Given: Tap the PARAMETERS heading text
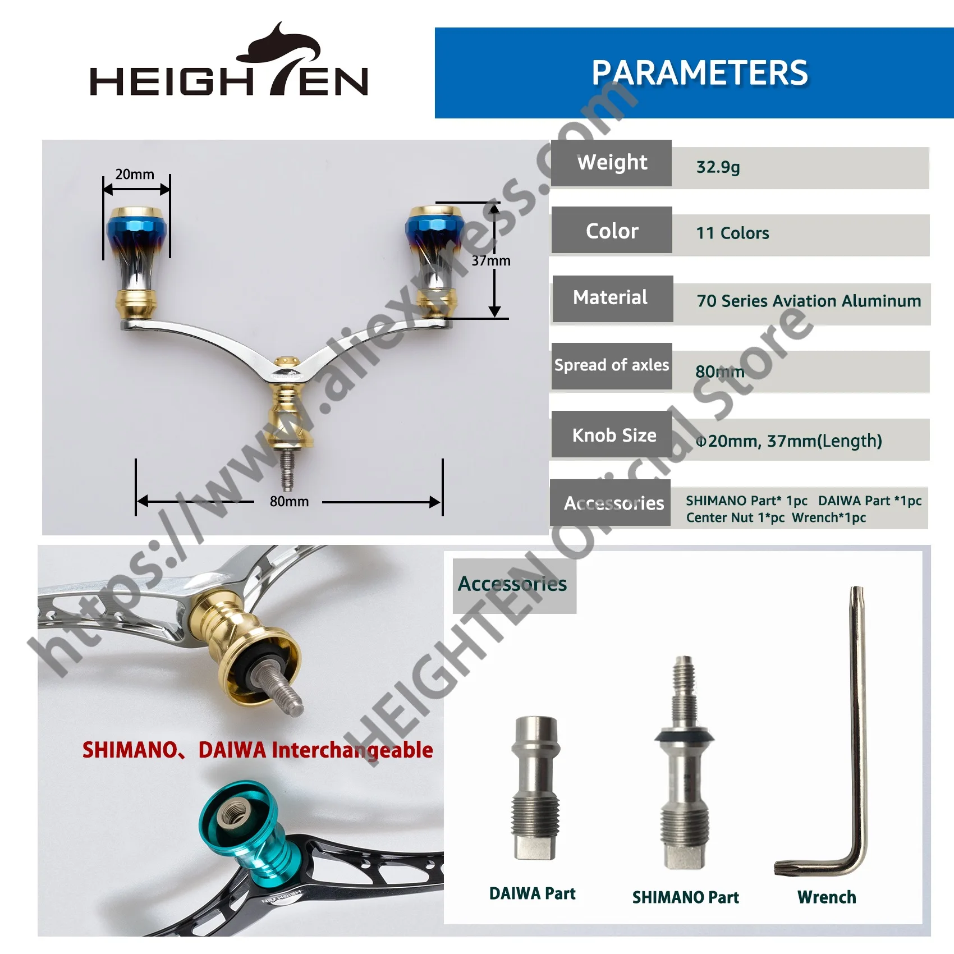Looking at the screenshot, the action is pos(700,73).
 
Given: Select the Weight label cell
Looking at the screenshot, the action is pos(612,163).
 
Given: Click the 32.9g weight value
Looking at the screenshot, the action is pos(718,167).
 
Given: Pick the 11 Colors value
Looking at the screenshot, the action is pos(732,233).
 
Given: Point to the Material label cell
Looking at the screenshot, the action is pos(612,299).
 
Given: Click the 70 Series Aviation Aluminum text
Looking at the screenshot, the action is pos(809,301).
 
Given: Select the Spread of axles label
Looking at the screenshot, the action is pos(612,365).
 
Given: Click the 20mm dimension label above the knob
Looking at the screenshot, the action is pos(135,174).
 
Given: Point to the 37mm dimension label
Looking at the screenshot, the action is pos(491,260).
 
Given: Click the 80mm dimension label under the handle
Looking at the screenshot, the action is pos(289,501).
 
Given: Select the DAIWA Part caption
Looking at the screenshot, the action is pos(532,893).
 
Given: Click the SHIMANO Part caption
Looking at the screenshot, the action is pos(685,897).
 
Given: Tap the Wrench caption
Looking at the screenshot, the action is pos(827,897).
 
